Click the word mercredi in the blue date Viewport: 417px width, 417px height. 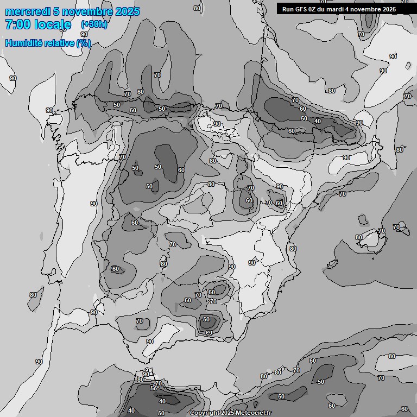tap(24, 11)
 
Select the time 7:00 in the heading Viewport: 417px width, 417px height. tap(16, 24)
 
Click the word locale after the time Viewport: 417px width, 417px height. tap(52, 24)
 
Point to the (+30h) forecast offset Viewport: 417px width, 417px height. tap(93, 24)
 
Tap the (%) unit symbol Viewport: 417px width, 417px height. tap(84, 43)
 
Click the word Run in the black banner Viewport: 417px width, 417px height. tap(287, 9)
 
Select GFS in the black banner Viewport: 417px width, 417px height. tap(301, 9)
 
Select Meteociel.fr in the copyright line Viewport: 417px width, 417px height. tap(254, 413)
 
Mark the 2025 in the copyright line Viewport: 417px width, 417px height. tap(228, 413)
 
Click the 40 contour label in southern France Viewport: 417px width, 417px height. tap(318, 121)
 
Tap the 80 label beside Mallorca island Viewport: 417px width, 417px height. tap(359, 237)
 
